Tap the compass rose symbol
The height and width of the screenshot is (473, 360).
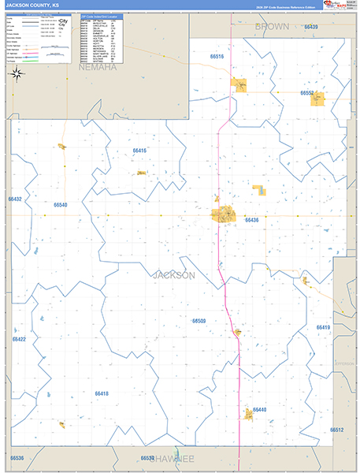pos(17,75)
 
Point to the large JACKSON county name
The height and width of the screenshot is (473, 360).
pos(173,275)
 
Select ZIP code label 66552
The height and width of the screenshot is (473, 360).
pos(307,93)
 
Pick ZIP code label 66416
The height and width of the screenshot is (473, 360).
pos(139,150)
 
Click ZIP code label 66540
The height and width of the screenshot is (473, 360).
pos(61,205)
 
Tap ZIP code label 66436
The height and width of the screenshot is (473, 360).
pos(252,220)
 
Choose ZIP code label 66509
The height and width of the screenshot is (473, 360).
pos(199,321)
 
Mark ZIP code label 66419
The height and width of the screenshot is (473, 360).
pos(323,326)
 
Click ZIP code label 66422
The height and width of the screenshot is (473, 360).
pos(19,339)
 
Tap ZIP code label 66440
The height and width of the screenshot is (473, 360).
pos(260,410)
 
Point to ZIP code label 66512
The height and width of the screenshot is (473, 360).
pos(337,430)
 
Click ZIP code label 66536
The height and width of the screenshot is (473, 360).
pos(17,458)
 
